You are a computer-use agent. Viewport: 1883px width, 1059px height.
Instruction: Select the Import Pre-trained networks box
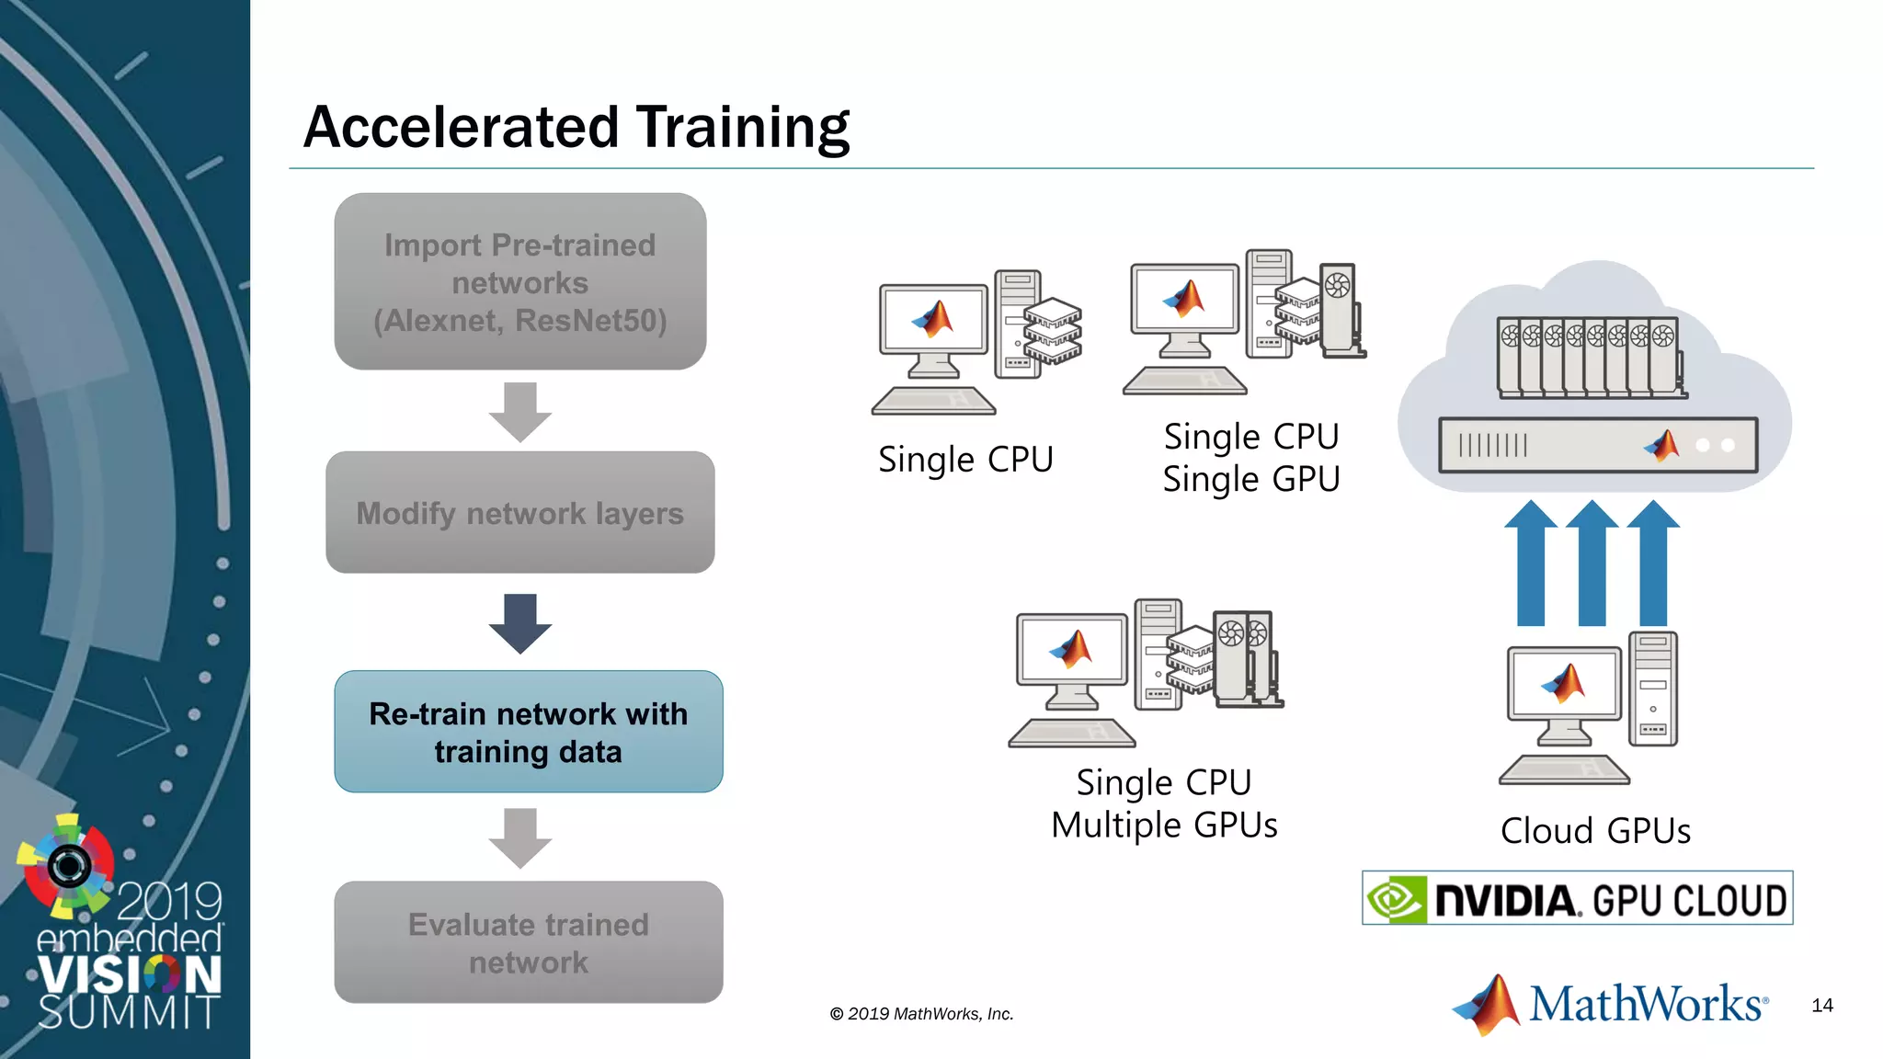(x=520, y=281)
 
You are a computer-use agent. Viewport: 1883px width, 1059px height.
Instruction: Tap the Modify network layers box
(x=520, y=513)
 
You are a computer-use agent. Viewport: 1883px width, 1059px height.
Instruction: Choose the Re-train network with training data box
(x=529, y=732)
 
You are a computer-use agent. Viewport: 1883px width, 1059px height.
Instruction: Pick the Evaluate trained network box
(x=529, y=942)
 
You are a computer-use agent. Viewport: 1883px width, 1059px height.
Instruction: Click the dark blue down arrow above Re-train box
(x=520, y=623)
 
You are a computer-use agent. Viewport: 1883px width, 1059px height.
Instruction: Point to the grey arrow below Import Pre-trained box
(x=520, y=412)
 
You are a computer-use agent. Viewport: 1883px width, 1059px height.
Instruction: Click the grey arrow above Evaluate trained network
(x=520, y=837)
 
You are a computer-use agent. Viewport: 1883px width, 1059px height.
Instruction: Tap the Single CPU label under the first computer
(x=965, y=460)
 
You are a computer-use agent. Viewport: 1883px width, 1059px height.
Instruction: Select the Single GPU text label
(x=1251, y=480)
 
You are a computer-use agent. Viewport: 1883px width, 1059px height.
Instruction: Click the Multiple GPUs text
(x=1164, y=826)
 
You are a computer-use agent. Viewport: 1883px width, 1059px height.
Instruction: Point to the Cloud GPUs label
(x=1595, y=831)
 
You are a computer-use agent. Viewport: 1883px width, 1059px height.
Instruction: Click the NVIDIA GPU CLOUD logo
(x=1577, y=898)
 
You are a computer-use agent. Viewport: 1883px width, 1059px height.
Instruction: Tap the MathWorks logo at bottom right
(x=1609, y=1004)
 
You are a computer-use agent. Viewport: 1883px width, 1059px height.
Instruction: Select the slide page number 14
(x=1822, y=1006)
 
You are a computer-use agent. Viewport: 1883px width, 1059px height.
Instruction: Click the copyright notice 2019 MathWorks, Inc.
(x=921, y=1014)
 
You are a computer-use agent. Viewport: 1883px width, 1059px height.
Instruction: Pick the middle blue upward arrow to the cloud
(x=1592, y=564)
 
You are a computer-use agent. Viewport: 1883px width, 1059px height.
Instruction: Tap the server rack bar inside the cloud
(x=1598, y=446)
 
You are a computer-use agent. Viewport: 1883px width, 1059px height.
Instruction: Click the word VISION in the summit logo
(x=130, y=975)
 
